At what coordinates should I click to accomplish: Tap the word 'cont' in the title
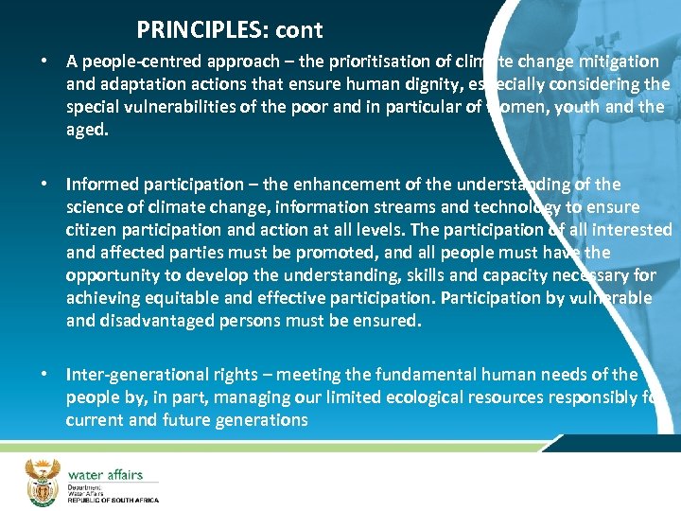tap(300, 30)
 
